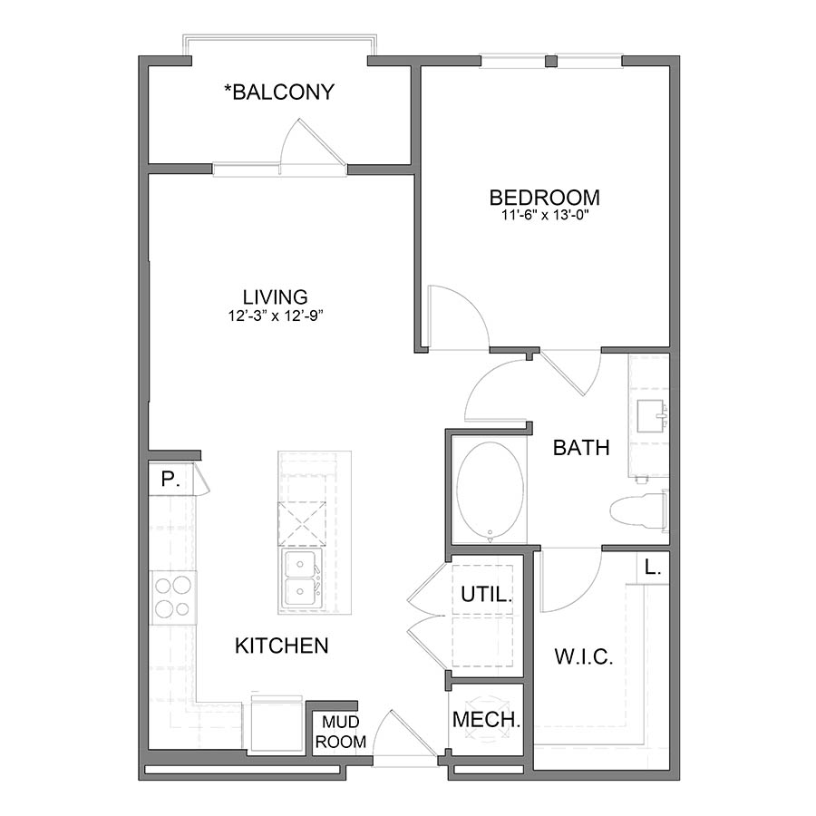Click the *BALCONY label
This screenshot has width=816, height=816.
tap(279, 92)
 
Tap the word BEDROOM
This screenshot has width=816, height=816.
tap(544, 197)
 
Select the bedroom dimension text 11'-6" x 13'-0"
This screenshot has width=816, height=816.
tap(544, 216)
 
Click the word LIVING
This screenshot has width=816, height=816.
tap(275, 296)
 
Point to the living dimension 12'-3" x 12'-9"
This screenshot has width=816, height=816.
tap(275, 316)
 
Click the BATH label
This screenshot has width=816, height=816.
tap(581, 447)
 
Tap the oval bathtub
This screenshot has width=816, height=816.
tap(490, 491)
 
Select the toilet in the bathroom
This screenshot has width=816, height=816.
tap(640, 510)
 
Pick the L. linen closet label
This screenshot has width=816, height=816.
tap(652, 568)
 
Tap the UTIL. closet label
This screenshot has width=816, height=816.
tap(487, 596)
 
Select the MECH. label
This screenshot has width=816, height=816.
tap(487, 721)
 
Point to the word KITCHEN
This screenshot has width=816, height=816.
tap(281, 646)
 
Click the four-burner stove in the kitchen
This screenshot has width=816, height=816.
tap(173, 597)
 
